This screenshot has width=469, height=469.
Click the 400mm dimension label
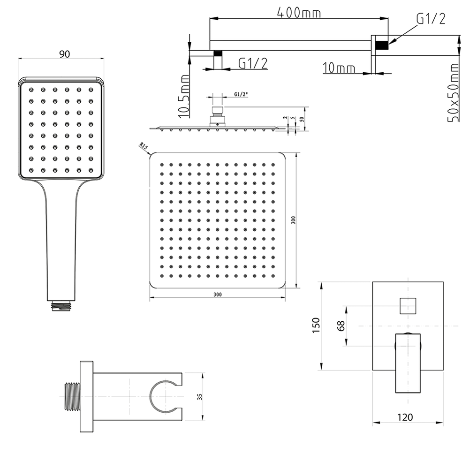[299, 13]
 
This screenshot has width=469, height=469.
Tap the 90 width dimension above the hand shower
[65, 54]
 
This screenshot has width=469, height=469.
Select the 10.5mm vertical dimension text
[184, 96]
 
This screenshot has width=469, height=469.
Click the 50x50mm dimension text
[453, 92]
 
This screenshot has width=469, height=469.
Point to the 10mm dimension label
[339, 68]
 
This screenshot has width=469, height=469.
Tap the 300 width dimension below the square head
[218, 295]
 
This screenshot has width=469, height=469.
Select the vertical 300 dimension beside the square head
[293, 220]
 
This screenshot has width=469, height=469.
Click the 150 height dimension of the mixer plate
[316, 325]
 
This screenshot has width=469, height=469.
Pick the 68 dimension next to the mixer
[341, 326]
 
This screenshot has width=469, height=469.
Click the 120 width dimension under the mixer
[405, 417]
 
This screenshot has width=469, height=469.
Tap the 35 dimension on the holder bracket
[200, 397]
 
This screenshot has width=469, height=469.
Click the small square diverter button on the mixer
[408, 306]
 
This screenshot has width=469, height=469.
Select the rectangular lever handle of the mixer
[408, 363]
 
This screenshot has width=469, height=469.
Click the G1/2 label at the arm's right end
[431, 19]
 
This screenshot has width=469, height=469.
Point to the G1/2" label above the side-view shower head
[241, 94]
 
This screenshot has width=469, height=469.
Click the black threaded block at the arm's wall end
[382, 45]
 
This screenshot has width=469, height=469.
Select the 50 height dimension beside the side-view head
[302, 119]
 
